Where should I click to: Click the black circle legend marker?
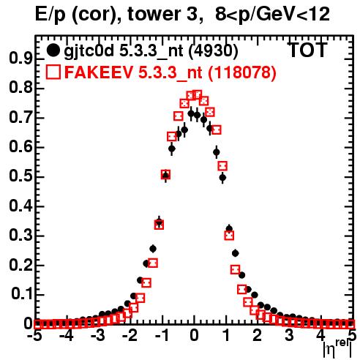tap(53, 50)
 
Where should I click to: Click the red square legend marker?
tap(53, 72)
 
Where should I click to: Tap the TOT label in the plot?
tap(307, 50)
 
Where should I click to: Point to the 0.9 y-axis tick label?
tap(20, 59)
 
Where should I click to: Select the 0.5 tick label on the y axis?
tap(20, 176)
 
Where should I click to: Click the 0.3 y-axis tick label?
tap(20, 236)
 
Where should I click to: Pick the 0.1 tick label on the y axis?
tap(21, 294)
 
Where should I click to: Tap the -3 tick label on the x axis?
tap(97, 335)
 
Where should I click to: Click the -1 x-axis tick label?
tap(161, 335)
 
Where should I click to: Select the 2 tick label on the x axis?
tap(257, 335)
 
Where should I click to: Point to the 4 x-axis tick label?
tap(320, 335)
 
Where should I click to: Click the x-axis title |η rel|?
tap(337, 349)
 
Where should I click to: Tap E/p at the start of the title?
tap(50, 15)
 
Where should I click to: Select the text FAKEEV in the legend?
tap(99, 72)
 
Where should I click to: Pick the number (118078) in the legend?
tap(242, 72)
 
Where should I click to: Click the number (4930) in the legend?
tap(213, 50)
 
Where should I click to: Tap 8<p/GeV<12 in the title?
tap(272, 15)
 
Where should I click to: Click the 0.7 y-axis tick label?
tap(20, 117)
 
